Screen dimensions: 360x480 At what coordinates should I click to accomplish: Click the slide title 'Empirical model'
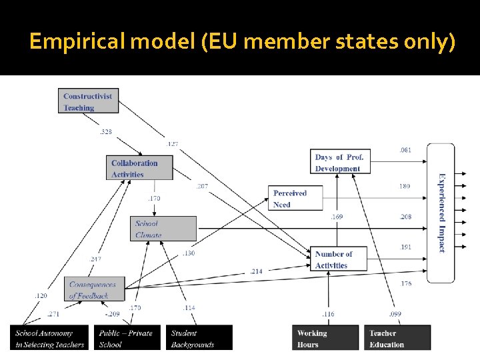click(x=242, y=42)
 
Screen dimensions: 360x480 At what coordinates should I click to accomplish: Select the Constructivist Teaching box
click(x=87, y=101)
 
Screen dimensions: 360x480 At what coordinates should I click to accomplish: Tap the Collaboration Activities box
click(x=139, y=168)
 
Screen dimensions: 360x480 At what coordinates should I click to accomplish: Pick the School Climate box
click(x=163, y=229)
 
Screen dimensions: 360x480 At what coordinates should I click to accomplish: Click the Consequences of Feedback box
click(x=96, y=289)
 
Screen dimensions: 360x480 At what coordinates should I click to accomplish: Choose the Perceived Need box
click(x=295, y=199)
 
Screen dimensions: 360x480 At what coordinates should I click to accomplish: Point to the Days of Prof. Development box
click(x=341, y=163)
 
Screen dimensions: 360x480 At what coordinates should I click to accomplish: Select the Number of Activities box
click(x=339, y=259)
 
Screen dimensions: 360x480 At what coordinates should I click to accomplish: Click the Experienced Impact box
click(x=441, y=213)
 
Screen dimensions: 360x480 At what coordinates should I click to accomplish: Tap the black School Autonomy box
click(x=51, y=338)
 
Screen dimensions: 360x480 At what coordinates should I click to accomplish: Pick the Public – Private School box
click(x=127, y=338)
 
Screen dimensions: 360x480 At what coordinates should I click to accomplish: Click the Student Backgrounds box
click(x=199, y=338)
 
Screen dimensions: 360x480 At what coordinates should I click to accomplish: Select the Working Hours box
click(x=325, y=338)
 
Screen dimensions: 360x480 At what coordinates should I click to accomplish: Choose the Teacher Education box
click(x=397, y=338)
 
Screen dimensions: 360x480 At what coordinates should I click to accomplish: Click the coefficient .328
click(x=106, y=132)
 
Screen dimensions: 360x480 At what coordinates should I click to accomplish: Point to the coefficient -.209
click(x=111, y=313)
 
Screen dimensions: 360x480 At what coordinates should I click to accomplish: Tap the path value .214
click(x=257, y=271)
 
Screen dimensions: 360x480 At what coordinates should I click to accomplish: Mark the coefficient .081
click(x=405, y=150)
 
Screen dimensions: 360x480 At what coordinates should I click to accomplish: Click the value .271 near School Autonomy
click(x=53, y=313)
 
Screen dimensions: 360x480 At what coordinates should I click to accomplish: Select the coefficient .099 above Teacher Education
click(x=395, y=313)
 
